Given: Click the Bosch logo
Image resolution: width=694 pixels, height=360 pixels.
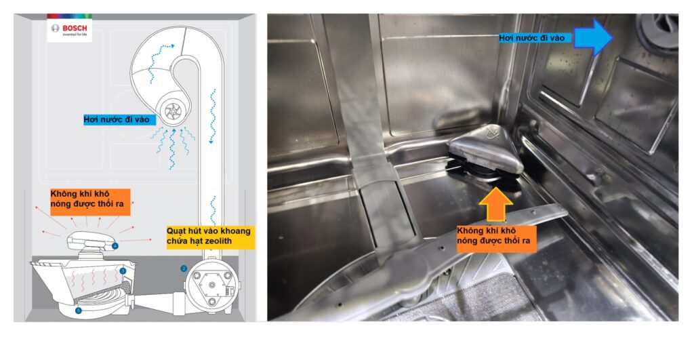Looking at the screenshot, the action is point(70,29).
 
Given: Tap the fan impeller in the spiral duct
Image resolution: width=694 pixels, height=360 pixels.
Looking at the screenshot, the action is point(170,111).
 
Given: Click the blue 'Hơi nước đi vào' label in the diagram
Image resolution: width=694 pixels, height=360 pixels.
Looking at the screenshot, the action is point(117,119).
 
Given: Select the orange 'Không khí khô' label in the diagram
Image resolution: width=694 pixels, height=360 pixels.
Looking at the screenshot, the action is point(90,202).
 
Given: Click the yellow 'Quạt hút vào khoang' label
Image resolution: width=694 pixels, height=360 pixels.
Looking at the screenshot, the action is point(210,236).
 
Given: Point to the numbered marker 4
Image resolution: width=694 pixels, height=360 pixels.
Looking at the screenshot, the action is point(115,245).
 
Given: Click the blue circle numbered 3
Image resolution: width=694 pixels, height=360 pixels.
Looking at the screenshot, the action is point(123,271).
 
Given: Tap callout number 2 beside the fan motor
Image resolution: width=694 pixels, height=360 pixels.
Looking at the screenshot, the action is point(184,268).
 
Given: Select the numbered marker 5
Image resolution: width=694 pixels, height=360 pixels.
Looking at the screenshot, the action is point(79,311).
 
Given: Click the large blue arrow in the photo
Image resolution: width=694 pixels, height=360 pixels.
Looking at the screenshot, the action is point(593,38).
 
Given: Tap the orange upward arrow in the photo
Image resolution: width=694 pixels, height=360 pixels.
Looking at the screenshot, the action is point(496,204).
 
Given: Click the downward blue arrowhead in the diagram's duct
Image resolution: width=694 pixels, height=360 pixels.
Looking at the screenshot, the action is point(211,141).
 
